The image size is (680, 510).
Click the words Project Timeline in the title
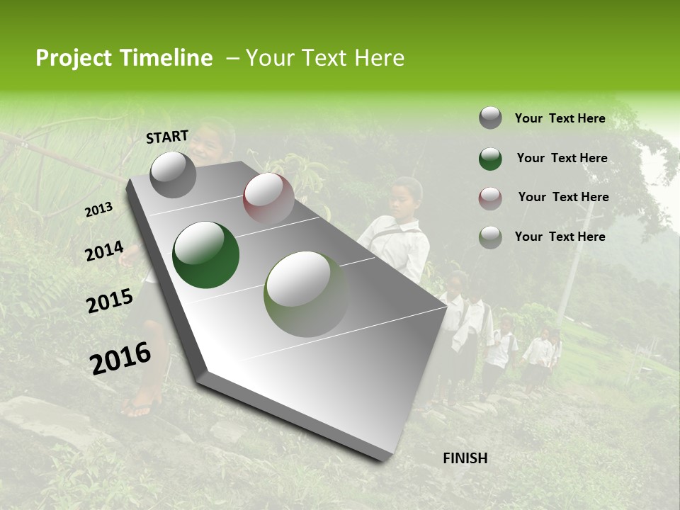124,58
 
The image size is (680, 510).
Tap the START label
167,137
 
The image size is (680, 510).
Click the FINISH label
465,458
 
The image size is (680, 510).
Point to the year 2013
99,210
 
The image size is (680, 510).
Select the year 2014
105,251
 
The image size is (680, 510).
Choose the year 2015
110,301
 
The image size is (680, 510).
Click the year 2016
120,358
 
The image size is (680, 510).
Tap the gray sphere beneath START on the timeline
174,175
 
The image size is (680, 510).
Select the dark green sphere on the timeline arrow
205,255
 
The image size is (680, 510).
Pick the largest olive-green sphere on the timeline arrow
306,294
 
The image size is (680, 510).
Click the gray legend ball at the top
490,118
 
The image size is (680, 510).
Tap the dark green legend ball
490,159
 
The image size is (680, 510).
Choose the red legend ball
490,198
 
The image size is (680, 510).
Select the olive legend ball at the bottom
490,237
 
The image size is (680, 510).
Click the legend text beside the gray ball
560,119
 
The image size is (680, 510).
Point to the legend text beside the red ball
563,197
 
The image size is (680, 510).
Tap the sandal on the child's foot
138,406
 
